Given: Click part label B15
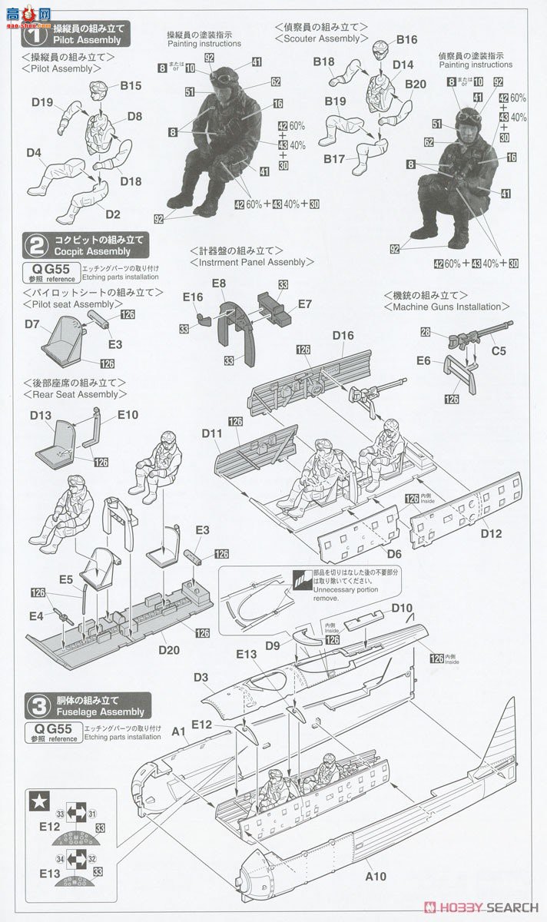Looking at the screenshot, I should pyautogui.click(x=131, y=86).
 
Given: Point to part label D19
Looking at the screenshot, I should pyautogui.click(x=42, y=101).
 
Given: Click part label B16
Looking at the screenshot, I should pyautogui.click(x=406, y=40).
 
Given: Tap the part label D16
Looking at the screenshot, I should pyautogui.click(x=343, y=335).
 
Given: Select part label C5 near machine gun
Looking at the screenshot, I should pyautogui.click(x=499, y=352).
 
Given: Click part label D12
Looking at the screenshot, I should pyautogui.click(x=491, y=532).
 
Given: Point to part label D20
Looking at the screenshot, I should pyautogui.click(x=170, y=650).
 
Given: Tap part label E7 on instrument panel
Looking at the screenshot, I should pyautogui.click(x=305, y=304).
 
